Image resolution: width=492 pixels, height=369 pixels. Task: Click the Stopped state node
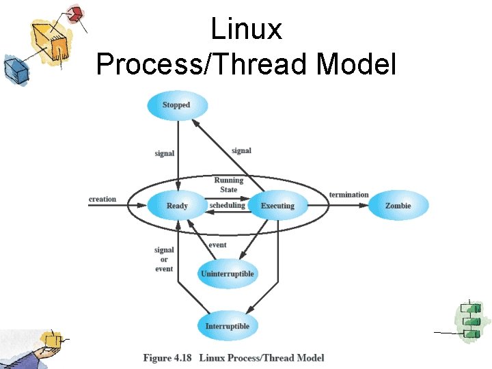pos(176,105)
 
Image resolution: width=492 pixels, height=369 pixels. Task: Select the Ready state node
pos(177,206)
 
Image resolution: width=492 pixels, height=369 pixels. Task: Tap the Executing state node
pos(277,206)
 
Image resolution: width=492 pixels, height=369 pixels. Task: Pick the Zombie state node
pos(398,206)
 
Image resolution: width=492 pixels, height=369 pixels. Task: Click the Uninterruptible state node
pos(228,274)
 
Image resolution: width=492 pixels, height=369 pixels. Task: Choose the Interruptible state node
pos(228,326)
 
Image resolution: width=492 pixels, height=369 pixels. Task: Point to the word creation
pos(102,200)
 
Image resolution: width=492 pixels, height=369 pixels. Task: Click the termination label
pos(348,195)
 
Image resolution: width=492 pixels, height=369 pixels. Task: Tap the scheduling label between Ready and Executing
pos(227,205)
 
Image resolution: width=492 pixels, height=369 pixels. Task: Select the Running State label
pos(228,185)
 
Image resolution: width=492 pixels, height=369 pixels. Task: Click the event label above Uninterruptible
pos(217,245)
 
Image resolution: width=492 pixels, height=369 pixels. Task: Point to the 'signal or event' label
pos(164,259)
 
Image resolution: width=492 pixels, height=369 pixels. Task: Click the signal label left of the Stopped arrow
pos(165,154)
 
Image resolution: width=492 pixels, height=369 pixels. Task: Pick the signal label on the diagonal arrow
pos(241,150)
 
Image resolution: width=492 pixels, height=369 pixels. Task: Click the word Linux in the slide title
pos(246,29)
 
